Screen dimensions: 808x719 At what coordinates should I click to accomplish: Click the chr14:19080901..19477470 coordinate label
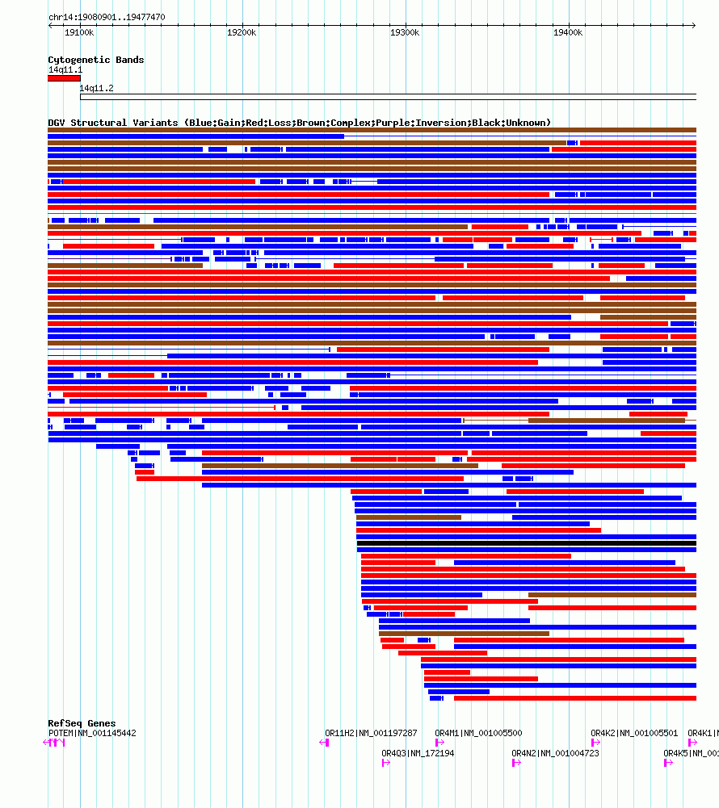pos(107,17)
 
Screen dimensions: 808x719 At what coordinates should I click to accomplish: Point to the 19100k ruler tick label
pos(79,33)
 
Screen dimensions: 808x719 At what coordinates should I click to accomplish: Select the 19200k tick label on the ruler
pos(242,33)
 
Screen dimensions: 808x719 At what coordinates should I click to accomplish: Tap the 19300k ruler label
pos(405,33)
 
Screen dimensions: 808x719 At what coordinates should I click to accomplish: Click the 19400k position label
pos(568,33)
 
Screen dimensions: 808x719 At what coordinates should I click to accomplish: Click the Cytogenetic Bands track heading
pos(96,60)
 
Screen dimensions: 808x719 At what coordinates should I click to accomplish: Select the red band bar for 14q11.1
pos(64,78)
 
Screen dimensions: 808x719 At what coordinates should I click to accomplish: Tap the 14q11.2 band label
pos(96,88)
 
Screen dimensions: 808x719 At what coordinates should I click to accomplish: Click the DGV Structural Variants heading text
pos(299,123)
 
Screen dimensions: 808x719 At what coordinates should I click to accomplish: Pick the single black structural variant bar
pos(526,543)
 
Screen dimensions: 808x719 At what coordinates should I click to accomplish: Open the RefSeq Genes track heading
pos(82,723)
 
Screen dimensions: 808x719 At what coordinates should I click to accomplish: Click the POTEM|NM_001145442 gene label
pos(92,733)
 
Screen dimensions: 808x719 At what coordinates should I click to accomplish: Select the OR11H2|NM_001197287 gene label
pos(371,733)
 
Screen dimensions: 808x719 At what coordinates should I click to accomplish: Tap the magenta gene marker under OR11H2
pos(325,743)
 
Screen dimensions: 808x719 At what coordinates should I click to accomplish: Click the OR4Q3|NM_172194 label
pos(418,753)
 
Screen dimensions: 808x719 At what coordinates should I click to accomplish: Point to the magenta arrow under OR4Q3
pos(386,763)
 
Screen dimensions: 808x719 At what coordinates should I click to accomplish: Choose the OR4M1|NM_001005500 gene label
pos(478,733)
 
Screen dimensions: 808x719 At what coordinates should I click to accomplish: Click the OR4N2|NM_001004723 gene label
pos(555,753)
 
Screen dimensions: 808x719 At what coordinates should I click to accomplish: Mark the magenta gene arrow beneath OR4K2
pos(595,743)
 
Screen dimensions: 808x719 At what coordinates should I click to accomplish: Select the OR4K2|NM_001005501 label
pos(634,733)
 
